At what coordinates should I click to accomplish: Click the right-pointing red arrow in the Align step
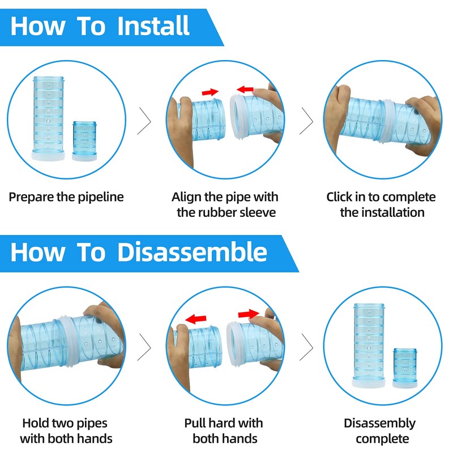pos(210,91)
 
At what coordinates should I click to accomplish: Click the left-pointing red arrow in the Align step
pos(245,89)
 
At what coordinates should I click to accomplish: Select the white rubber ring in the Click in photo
pos(387,122)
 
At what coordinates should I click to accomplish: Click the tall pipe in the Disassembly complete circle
pos(369,343)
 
